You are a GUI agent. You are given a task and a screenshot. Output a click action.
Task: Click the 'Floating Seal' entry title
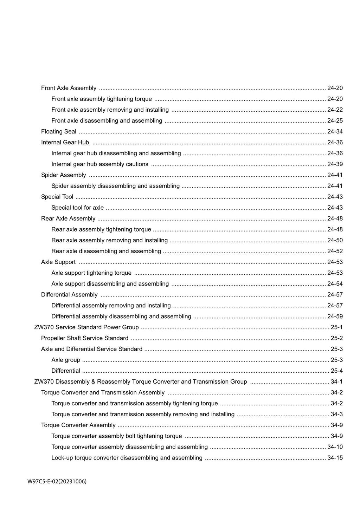point(59,131)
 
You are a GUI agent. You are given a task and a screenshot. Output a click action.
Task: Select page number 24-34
point(335,131)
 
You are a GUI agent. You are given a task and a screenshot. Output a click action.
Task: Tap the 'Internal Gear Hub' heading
point(65,142)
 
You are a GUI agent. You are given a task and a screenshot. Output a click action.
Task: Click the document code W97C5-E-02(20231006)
point(57,481)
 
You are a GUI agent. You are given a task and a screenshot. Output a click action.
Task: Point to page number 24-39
point(335,164)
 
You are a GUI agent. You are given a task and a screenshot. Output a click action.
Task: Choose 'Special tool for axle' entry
point(77,208)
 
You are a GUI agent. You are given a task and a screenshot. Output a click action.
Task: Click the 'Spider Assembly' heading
point(64,175)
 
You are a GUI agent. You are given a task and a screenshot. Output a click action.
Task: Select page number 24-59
point(335,316)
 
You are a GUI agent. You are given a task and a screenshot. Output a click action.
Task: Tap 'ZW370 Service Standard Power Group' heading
point(86,327)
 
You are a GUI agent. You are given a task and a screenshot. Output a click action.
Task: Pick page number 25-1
point(336,327)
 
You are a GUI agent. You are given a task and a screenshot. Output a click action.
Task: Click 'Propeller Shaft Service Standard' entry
point(85,338)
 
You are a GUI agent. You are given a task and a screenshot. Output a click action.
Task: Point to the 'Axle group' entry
point(66,360)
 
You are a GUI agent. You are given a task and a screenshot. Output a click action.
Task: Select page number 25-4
point(336,371)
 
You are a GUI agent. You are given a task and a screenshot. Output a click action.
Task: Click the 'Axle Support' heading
point(58,262)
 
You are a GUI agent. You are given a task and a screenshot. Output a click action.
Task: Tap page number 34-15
point(335,458)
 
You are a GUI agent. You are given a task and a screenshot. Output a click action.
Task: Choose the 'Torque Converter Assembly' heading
point(78,425)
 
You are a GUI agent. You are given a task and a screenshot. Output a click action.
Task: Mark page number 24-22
point(335,110)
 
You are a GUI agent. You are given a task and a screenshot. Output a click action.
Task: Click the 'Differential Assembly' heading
point(69,294)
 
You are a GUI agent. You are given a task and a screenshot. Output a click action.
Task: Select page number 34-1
point(336,381)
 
